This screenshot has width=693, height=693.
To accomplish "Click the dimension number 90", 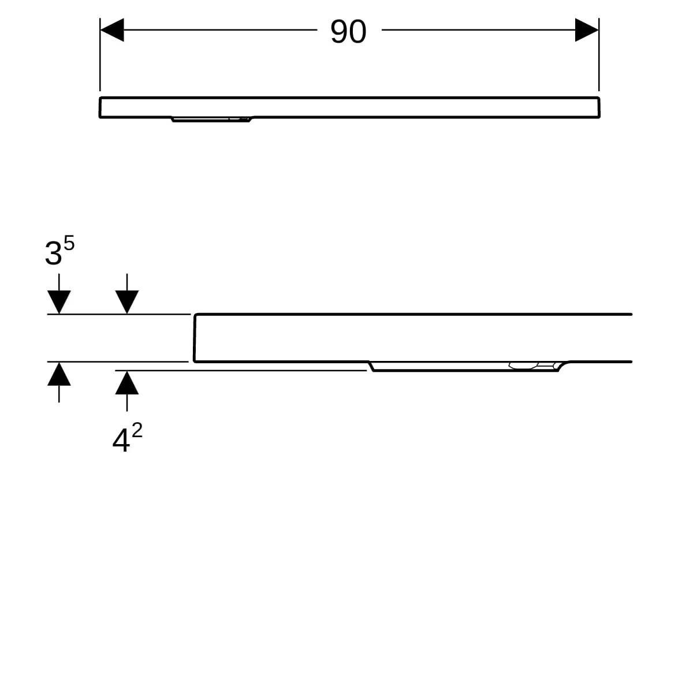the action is [348, 32].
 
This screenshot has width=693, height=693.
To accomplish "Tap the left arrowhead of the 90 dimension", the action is [112, 30].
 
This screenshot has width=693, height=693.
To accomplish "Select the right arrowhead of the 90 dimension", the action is [587, 30].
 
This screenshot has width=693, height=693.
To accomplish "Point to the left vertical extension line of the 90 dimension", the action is [100, 54].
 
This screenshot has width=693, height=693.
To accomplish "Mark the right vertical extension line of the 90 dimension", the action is [599, 54].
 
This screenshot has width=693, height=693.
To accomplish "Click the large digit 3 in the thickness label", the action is [53, 254].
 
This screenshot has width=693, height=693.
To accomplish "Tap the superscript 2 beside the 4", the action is [137, 430].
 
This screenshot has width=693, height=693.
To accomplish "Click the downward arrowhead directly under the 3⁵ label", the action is [59, 302].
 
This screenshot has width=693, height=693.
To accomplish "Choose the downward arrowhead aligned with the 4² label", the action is [127, 302].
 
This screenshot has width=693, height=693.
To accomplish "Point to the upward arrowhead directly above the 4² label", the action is [127, 383].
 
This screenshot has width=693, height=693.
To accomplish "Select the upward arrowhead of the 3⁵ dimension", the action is [59, 374].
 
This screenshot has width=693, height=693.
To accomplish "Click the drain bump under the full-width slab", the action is [212, 120].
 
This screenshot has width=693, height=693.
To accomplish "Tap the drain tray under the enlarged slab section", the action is [468, 367].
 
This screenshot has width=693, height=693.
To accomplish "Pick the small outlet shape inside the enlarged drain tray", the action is [523, 366].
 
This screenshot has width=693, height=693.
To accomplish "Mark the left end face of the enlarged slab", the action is [195, 338].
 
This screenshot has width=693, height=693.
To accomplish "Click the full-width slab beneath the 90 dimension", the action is [349, 107].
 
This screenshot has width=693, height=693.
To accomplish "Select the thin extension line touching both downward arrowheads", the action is [119, 314].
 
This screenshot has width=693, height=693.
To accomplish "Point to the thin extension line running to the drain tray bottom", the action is [241, 370].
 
